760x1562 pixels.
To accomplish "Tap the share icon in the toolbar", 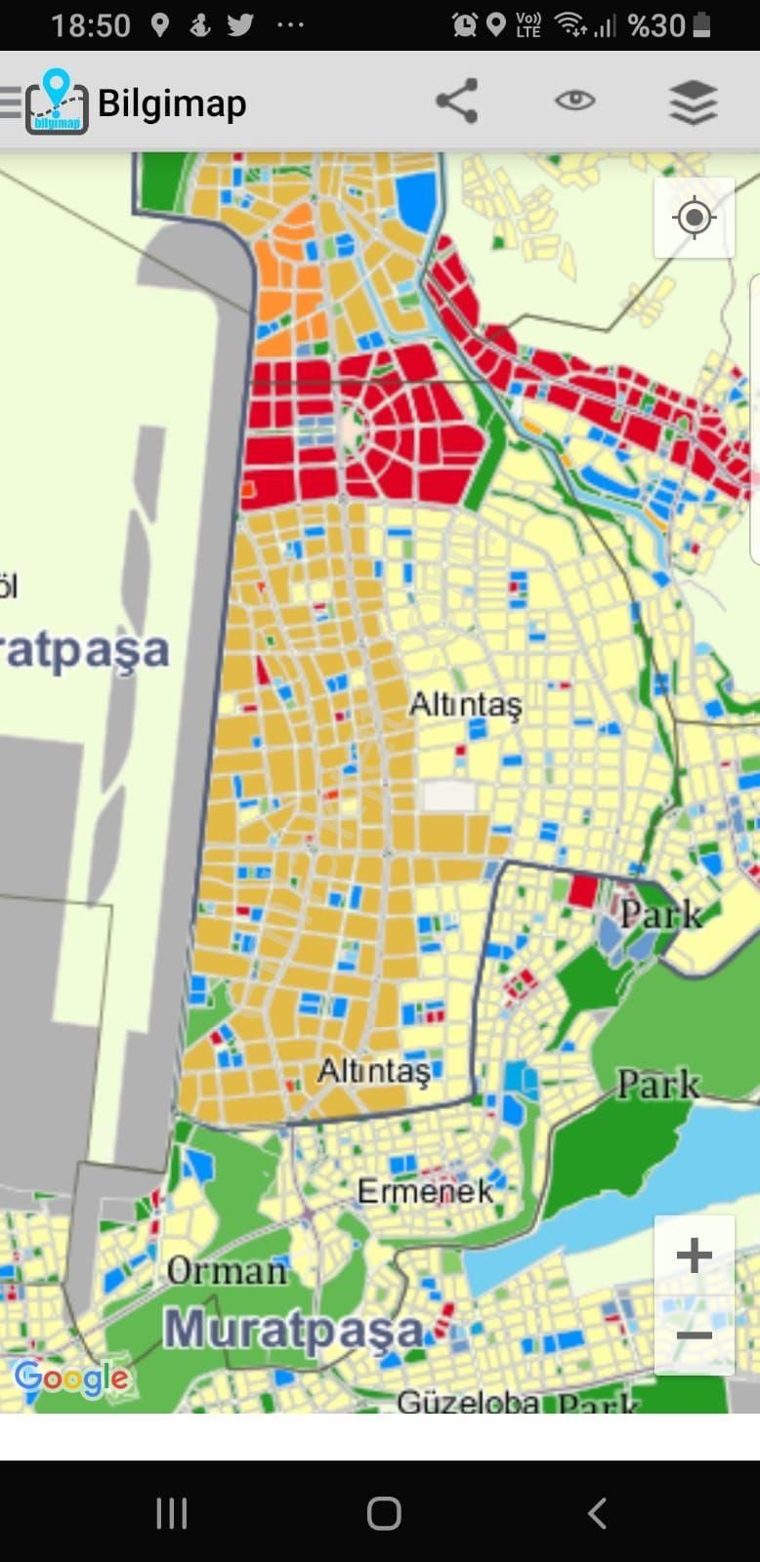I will pyautogui.click(x=456, y=101).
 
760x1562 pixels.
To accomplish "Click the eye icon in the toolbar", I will pyautogui.click(x=574, y=101).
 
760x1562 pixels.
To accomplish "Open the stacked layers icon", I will pyautogui.click(x=694, y=102).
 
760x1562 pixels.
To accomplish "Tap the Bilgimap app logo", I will pyautogui.click(x=57, y=103).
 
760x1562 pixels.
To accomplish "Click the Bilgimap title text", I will pyautogui.click(x=172, y=103).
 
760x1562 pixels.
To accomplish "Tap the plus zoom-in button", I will pyautogui.click(x=694, y=1255).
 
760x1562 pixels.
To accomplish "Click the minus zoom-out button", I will pyautogui.click(x=694, y=1335).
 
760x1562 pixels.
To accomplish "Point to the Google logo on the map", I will pyautogui.click(x=71, y=1377).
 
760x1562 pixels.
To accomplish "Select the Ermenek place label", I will pyautogui.click(x=425, y=1191).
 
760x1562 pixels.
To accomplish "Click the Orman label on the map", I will pyautogui.click(x=227, y=1271).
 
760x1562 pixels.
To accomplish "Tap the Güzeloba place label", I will pyautogui.click(x=468, y=1403).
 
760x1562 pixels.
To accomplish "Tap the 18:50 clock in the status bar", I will pyautogui.click(x=91, y=25).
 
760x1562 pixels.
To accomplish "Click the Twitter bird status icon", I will pyautogui.click(x=240, y=24).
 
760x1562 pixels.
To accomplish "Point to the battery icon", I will pyautogui.click(x=701, y=24).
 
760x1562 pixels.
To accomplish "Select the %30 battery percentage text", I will pyautogui.click(x=656, y=25).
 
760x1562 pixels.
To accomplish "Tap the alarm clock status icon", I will pyautogui.click(x=464, y=24).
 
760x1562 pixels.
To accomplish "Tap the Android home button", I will pyautogui.click(x=384, y=1513).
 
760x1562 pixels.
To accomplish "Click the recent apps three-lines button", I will pyautogui.click(x=172, y=1513).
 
